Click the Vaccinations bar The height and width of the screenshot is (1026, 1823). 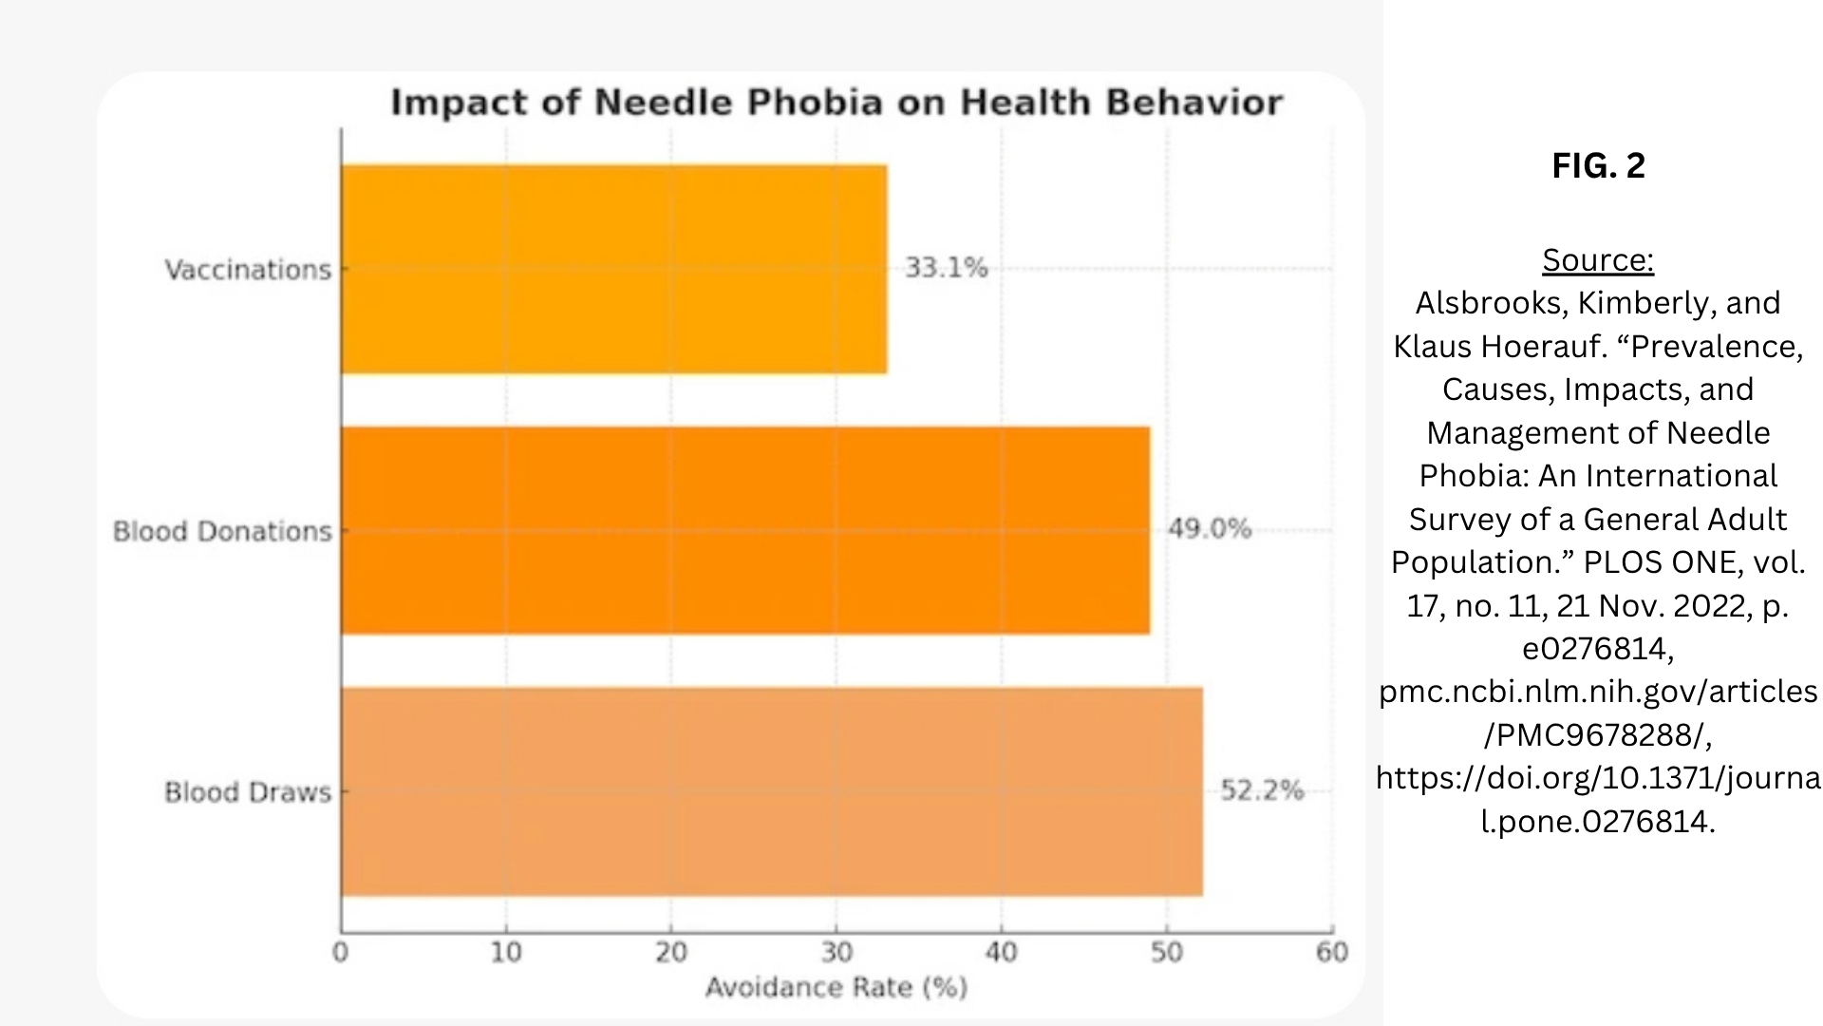click(614, 269)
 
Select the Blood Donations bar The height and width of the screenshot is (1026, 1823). click(745, 530)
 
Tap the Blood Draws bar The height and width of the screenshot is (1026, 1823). click(772, 791)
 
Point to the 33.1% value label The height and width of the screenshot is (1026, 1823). click(946, 268)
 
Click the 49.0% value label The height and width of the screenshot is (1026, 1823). click(1210, 528)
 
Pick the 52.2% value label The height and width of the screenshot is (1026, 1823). click(1262, 790)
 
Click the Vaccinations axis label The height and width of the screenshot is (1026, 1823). click(248, 270)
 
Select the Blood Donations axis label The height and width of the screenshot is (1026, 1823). click(222, 531)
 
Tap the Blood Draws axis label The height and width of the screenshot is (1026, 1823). click(248, 792)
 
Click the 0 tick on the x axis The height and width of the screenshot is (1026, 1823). click(341, 952)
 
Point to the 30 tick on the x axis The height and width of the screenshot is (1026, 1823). click(836, 952)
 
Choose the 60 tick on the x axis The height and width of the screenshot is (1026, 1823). click(1332, 952)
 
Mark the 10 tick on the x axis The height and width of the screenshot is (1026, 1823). click(506, 952)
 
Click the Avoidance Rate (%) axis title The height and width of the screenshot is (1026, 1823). click(836, 988)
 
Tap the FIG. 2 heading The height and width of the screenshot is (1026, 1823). click(1598, 165)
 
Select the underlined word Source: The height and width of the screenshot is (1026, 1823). click(1598, 259)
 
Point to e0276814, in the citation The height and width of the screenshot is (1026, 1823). click(1598, 649)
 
